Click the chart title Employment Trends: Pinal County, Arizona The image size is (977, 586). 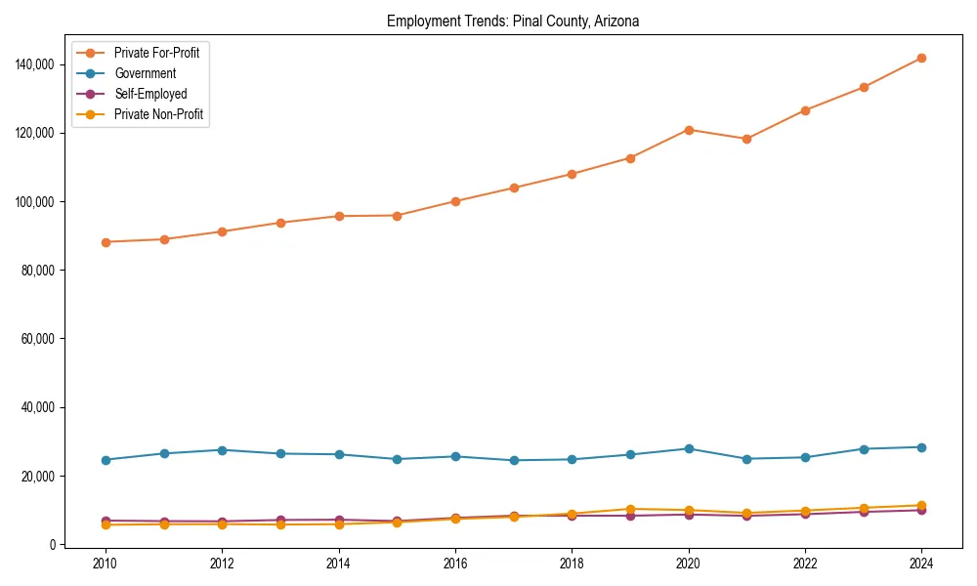pos(513,21)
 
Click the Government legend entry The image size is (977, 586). pos(145,73)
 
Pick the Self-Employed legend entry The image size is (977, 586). pos(149,94)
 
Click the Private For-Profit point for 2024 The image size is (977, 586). pos(921,58)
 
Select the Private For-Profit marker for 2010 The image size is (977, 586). pos(106,242)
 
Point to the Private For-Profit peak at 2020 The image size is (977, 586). pos(689,130)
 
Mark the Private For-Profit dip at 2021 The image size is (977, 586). pos(746,139)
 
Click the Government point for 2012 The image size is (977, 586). pos(222,450)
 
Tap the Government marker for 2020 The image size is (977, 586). pos(689,448)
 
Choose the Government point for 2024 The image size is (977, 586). pos(921,447)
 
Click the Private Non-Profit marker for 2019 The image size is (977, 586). pos(630,509)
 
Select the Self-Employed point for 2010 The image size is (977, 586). pos(106,522)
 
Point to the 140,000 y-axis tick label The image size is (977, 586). pos(36,64)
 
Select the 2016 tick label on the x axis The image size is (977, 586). pos(455,564)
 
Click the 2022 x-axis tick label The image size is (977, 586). pos(805,564)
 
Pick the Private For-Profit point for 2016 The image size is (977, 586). pos(455,201)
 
